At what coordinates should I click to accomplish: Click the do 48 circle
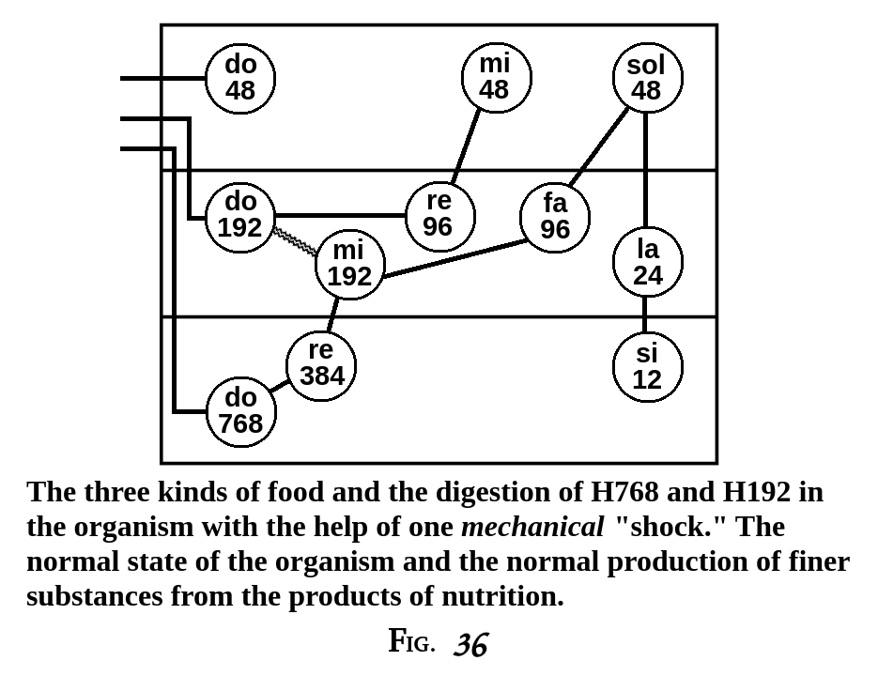[x=240, y=78]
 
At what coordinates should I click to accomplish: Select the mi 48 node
[x=495, y=77]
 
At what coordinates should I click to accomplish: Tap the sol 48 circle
[x=646, y=78]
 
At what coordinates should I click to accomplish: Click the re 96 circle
[x=439, y=215]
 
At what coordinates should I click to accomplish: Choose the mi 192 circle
[x=349, y=264]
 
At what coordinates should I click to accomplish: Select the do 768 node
[x=241, y=411]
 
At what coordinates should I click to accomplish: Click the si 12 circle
[x=647, y=367]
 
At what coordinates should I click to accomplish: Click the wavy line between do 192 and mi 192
[x=296, y=241]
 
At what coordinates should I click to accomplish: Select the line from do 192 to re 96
[x=340, y=215]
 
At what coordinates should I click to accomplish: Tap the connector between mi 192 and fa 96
[x=454, y=258]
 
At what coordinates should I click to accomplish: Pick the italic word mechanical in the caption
[x=531, y=527]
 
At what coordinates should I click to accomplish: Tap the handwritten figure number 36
[x=470, y=645]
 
